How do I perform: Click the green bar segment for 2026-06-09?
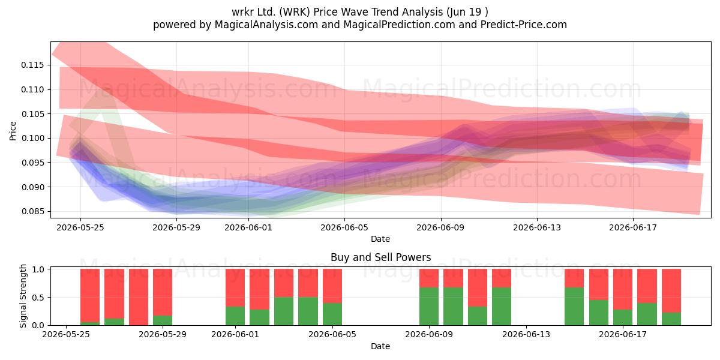click(429, 307)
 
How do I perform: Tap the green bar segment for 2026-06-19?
click(671, 319)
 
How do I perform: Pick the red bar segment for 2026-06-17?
click(623, 289)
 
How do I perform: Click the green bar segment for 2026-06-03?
click(284, 311)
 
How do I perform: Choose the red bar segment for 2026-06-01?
click(235, 287)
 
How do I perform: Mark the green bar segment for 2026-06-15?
click(574, 307)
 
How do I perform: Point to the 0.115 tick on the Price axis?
click(49, 65)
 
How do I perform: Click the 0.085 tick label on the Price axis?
click(32, 211)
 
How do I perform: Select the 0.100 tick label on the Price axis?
click(32, 139)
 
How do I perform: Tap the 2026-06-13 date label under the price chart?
click(537, 227)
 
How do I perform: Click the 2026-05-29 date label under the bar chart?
click(163, 335)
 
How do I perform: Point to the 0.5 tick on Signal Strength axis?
click(49, 298)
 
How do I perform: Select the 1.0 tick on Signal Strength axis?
click(49, 269)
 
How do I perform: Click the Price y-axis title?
click(13, 131)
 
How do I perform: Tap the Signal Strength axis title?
click(23, 296)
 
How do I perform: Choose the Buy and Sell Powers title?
click(380, 257)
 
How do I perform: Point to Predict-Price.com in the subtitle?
click(524, 25)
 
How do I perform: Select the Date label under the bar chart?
click(380, 347)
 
